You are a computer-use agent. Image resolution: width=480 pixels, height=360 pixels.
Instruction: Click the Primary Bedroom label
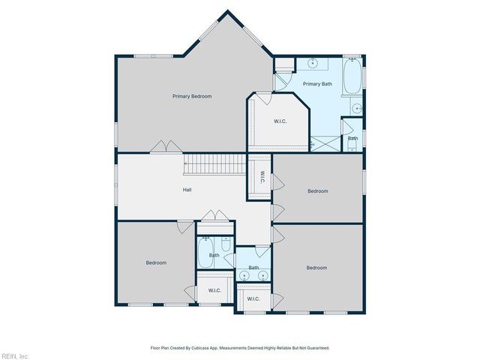coord(192,96)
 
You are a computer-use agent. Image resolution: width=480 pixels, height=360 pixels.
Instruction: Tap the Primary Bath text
coord(317,84)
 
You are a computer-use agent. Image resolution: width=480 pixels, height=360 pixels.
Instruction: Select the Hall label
coord(187,190)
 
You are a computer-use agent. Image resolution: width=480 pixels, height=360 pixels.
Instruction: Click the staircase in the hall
coord(215,163)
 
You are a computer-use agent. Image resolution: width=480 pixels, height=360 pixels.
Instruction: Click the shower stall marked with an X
coord(324,143)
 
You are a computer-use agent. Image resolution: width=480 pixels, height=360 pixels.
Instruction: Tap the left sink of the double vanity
coord(244,276)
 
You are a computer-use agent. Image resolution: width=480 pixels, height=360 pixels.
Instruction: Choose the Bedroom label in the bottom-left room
coord(156,262)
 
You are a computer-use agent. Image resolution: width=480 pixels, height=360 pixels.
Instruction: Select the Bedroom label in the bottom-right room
coord(316,268)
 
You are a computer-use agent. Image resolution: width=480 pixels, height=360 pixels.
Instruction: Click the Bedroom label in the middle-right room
coord(318,191)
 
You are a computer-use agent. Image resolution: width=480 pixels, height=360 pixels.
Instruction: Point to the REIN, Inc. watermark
coord(15,355)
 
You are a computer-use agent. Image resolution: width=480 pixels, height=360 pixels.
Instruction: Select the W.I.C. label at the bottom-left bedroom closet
coord(214,290)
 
